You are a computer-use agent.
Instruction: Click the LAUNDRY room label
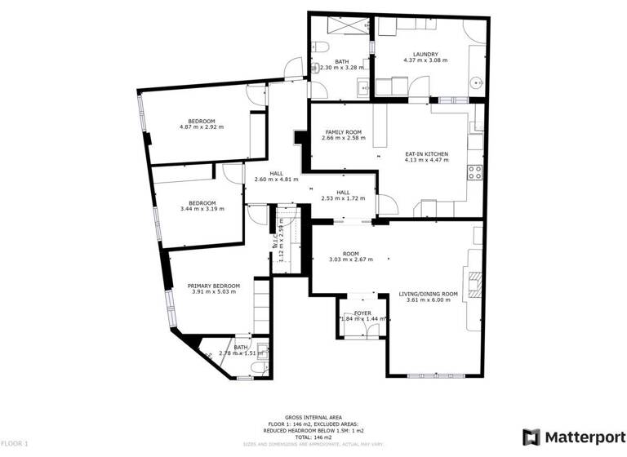click(x=425, y=55)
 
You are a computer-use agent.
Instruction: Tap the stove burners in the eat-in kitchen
click(x=474, y=172)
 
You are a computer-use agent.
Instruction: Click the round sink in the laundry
click(x=477, y=82)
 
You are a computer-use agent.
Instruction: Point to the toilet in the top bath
click(x=324, y=46)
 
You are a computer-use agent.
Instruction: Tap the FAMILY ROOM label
click(x=344, y=132)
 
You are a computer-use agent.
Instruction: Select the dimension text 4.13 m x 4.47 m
click(x=426, y=160)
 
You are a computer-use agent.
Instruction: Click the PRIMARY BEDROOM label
click(x=213, y=285)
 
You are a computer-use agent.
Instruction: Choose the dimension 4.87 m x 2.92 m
click(x=202, y=127)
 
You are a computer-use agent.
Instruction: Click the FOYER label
click(x=362, y=313)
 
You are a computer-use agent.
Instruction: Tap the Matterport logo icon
click(x=530, y=437)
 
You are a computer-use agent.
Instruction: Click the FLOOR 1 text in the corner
click(x=16, y=443)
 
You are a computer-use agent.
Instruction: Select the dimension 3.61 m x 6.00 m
click(x=428, y=299)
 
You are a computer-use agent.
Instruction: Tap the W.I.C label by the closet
click(x=274, y=241)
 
